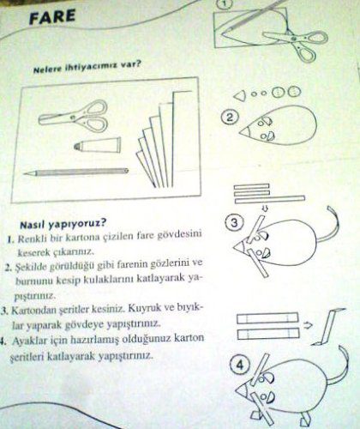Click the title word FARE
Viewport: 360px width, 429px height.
52,17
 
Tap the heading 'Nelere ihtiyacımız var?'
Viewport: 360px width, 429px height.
87,68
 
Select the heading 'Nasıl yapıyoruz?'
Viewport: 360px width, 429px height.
63,224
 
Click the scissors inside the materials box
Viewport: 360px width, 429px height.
74,116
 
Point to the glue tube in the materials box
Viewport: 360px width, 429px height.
97,144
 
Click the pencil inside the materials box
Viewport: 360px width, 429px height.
76,172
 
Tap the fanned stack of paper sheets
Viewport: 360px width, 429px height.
163,140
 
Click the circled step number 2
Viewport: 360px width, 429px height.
229,118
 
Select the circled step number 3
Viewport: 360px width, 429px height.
234,222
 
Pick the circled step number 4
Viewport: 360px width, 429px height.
240,366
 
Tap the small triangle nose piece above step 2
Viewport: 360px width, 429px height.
240,95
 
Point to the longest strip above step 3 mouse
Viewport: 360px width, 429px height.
270,200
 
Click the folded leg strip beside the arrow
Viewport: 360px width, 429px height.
328,327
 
